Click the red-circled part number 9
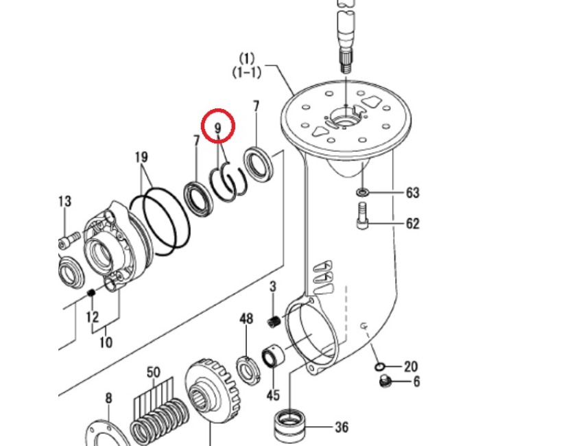tap(218, 128)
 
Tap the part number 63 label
tap(412, 193)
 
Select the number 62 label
tap(412, 224)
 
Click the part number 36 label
tap(341, 427)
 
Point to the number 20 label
tap(410, 367)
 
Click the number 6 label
tap(416, 383)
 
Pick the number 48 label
tap(246, 319)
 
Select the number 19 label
tap(141, 157)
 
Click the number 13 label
tap(64, 201)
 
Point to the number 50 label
tap(153, 373)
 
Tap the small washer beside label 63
tap(363, 190)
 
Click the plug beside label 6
tap(385, 382)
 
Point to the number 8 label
tap(108, 399)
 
